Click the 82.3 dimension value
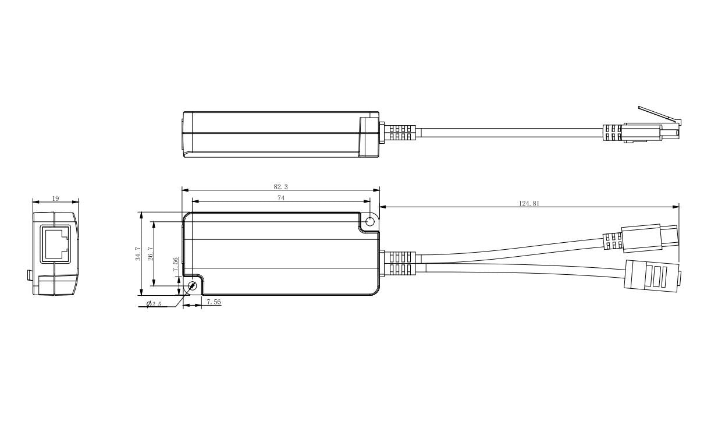click(280, 187)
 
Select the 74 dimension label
click(280, 199)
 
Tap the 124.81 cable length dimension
click(529, 204)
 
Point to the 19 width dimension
click(55, 199)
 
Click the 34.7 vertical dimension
click(138, 253)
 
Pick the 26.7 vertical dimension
click(150, 253)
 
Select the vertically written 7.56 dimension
click(176, 265)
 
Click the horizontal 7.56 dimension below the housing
click(214, 303)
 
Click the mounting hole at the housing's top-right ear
click(369, 221)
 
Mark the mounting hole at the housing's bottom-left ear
click(193, 285)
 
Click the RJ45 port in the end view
click(55, 243)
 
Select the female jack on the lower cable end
click(651, 275)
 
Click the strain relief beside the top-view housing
click(400, 133)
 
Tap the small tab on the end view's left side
click(29, 275)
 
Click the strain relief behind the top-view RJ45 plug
click(613, 133)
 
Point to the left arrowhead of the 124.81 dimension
click(382, 207)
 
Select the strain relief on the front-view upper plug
click(611, 241)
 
